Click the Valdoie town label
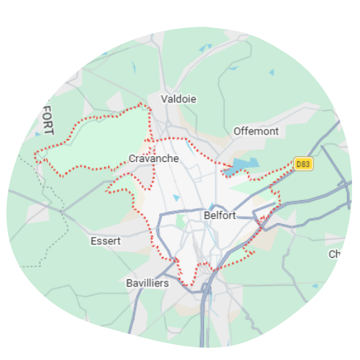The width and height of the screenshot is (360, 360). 179,99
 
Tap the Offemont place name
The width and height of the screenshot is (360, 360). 256,131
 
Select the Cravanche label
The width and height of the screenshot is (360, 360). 153,158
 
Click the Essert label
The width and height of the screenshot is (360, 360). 106,241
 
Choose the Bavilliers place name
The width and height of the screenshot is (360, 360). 147,283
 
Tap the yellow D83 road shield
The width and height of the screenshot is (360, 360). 303,164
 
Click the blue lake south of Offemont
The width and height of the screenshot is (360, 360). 239,167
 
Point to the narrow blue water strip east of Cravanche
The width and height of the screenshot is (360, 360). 189,145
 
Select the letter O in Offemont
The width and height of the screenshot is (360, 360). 238,131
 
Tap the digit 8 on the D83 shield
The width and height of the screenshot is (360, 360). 304,164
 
